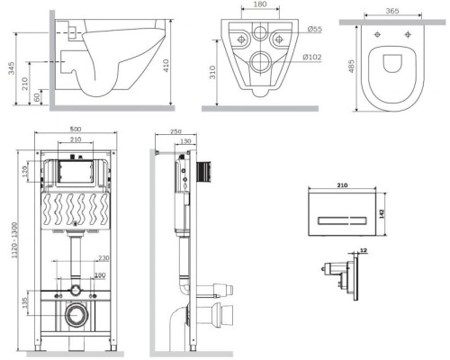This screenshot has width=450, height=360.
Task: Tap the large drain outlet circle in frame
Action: click(x=75, y=315)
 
